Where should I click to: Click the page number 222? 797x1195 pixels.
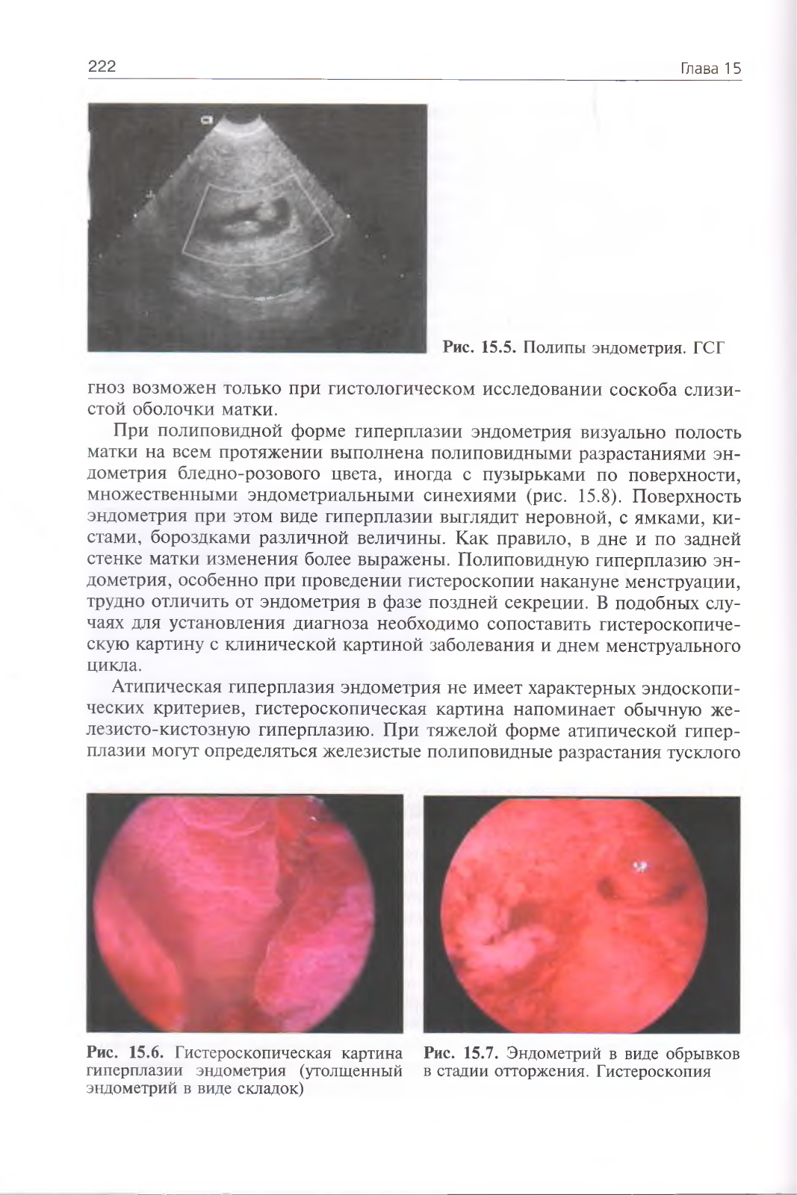pos(102,67)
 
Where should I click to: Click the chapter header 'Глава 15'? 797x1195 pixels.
pos(710,69)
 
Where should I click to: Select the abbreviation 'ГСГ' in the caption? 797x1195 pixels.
pos(710,347)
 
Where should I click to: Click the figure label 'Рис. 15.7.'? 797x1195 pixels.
pos(461,1054)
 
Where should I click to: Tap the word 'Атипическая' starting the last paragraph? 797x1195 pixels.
pos(166,688)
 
